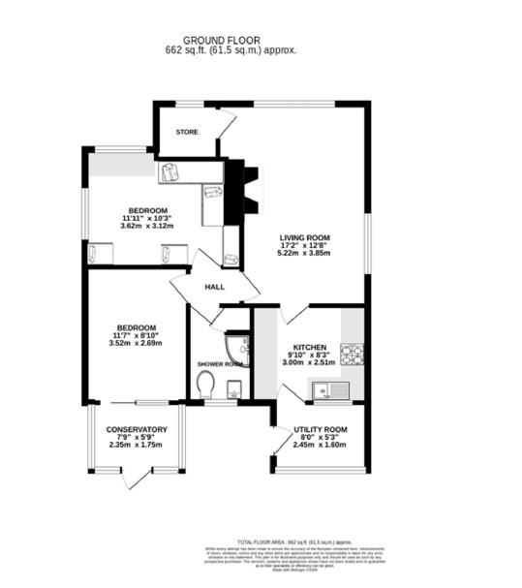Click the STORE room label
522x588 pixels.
point(186,131)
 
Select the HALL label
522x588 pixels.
point(214,287)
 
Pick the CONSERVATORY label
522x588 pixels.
point(137,429)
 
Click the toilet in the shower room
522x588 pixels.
point(204,386)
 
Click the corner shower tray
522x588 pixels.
point(234,348)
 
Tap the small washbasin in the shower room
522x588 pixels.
point(233,389)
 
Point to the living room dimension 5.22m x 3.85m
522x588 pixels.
point(305,254)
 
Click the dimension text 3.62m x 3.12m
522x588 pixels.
point(146,226)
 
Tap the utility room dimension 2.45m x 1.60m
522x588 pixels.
point(320,445)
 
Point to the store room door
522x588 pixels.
point(226,124)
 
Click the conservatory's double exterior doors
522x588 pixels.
point(137,477)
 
